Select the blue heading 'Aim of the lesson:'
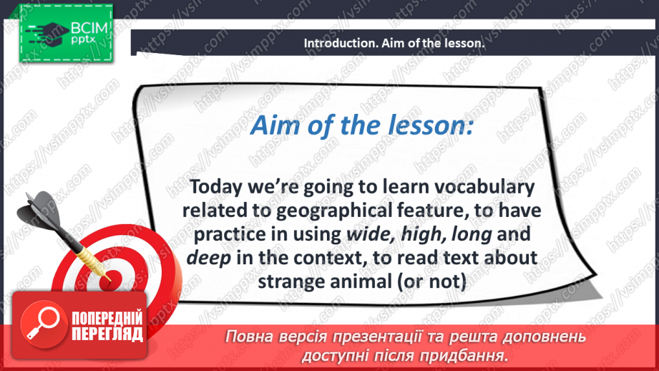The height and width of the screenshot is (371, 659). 361,126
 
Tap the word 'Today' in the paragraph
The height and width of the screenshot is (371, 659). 218,188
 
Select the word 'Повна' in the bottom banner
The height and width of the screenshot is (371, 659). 250,337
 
